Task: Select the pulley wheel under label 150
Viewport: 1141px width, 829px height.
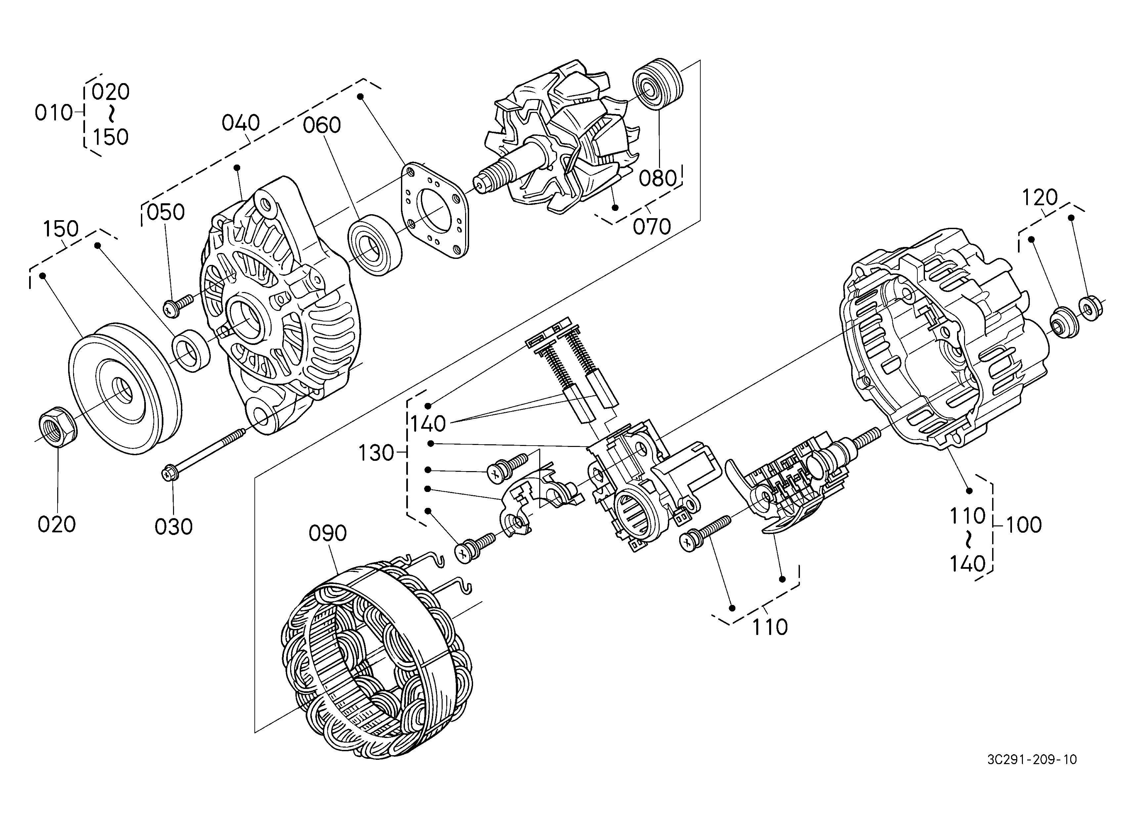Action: tap(125, 389)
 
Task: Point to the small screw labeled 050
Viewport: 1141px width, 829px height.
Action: tap(179, 306)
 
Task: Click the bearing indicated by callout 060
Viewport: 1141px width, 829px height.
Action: tap(375, 245)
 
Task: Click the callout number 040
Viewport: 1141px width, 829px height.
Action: tap(241, 123)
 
